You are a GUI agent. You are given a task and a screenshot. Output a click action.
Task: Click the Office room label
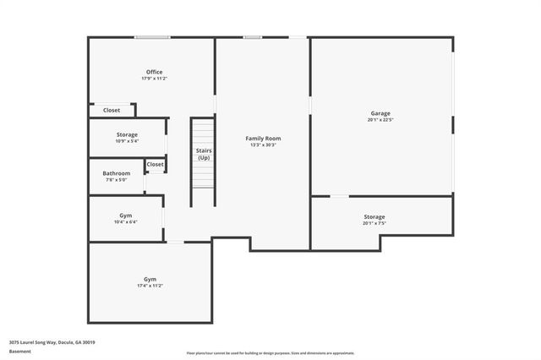click(x=153, y=72)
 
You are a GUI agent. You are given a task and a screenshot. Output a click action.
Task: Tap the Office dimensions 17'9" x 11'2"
click(x=153, y=79)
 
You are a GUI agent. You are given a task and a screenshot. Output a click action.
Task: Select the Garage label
click(x=380, y=113)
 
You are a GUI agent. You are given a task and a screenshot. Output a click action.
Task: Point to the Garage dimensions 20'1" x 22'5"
click(x=380, y=120)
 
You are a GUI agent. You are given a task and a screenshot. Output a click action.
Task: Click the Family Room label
click(x=263, y=138)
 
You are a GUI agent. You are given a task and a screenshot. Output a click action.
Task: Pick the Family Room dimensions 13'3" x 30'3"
click(x=263, y=145)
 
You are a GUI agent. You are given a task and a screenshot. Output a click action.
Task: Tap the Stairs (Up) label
click(x=204, y=155)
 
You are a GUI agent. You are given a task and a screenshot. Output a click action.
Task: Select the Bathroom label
click(x=116, y=173)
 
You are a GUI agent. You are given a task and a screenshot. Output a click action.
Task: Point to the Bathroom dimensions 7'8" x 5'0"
click(x=116, y=180)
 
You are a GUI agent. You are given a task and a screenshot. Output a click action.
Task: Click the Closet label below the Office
click(x=112, y=110)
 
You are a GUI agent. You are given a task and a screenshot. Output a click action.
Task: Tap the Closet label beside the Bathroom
click(x=155, y=165)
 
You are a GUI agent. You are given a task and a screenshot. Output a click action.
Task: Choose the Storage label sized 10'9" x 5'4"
click(x=127, y=134)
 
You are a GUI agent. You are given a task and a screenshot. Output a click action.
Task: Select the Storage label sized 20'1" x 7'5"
click(x=374, y=217)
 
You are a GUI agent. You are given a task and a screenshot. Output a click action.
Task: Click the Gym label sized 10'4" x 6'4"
click(x=125, y=215)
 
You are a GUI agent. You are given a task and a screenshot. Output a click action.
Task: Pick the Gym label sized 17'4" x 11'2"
click(x=150, y=279)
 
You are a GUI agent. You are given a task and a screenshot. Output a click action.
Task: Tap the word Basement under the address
click(x=19, y=351)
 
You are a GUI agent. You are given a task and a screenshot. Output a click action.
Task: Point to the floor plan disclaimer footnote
click(x=270, y=353)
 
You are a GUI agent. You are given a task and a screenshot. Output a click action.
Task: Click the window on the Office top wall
click(x=152, y=36)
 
